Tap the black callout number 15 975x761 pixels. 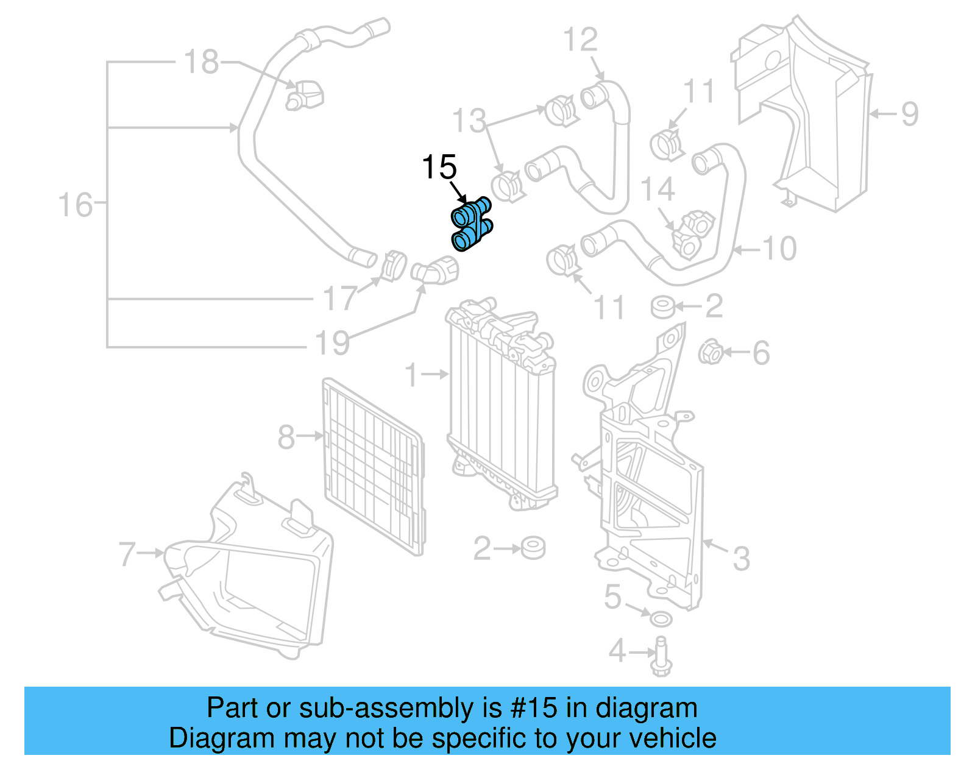439,168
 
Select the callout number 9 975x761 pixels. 909,114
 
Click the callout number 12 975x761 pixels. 580,41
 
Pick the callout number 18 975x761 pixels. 201,62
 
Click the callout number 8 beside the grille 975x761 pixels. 286,437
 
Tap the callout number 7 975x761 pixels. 127,554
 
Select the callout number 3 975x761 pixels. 740,558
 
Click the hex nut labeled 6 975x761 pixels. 711,352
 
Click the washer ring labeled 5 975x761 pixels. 661,620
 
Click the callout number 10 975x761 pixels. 779,249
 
